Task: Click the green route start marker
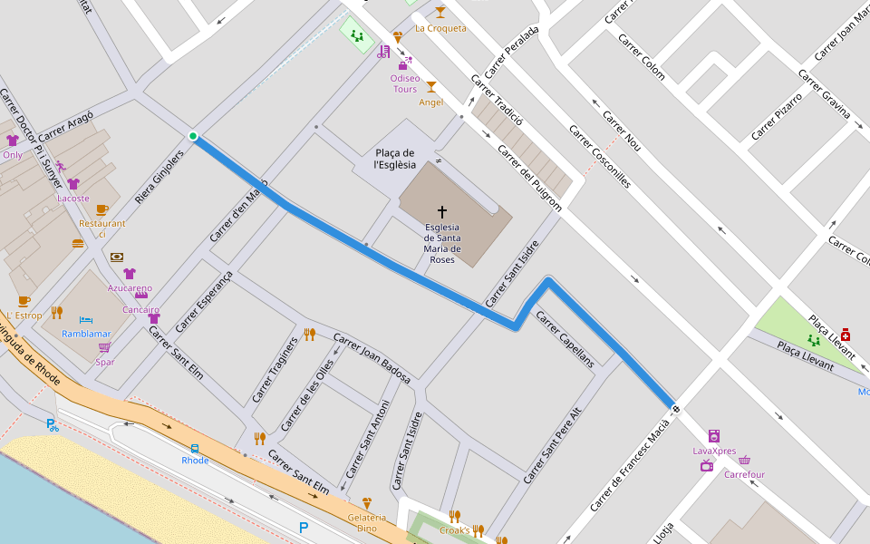click(x=193, y=137)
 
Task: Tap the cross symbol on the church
click(x=442, y=211)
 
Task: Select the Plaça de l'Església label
click(x=395, y=159)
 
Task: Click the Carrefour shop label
click(x=745, y=474)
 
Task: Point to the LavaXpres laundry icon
click(x=714, y=435)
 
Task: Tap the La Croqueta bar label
click(x=440, y=28)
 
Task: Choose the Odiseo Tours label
click(x=404, y=83)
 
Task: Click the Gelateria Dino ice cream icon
click(x=367, y=502)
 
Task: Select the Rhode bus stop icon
click(x=195, y=448)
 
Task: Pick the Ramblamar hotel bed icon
click(x=86, y=320)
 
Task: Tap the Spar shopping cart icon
click(x=104, y=348)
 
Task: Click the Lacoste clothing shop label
click(x=73, y=198)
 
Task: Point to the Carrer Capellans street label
click(x=565, y=338)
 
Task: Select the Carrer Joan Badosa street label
click(x=372, y=358)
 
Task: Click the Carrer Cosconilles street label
click(x=599, y=156)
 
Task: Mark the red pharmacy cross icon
click(x=845, y=335)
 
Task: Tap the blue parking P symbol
click(x=304, y=527)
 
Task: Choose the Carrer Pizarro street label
click(x=777, y=116)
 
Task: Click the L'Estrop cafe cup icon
click(x=24, y=301)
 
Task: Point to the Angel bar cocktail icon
click(x=431, y=87)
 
